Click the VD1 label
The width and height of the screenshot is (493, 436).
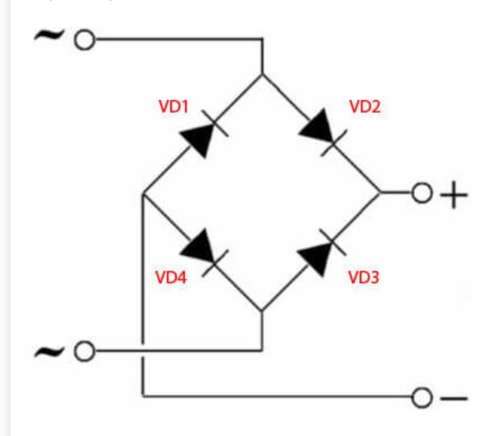coord(174,106)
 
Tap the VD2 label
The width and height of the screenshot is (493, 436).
coord(365,106)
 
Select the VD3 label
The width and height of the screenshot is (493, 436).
coord(364,277)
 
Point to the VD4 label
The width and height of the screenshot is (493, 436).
coord(171,277)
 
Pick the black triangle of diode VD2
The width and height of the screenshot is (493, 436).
coord(317,125)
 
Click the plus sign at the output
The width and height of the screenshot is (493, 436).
coord(454,195)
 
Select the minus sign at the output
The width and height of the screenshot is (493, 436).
coord(454,398)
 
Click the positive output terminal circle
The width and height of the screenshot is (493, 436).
coord(421,193)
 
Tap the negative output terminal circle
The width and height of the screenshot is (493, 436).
coord(421,398)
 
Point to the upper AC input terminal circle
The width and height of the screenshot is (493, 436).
coord(84,40)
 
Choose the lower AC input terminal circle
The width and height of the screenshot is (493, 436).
coord(84,351)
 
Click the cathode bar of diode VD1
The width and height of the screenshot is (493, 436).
coord(215,124)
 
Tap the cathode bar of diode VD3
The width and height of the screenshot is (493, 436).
coord(333,242)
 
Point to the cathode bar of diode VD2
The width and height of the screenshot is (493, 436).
coord(334,143)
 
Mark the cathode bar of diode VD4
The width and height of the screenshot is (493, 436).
coord(215,263)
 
